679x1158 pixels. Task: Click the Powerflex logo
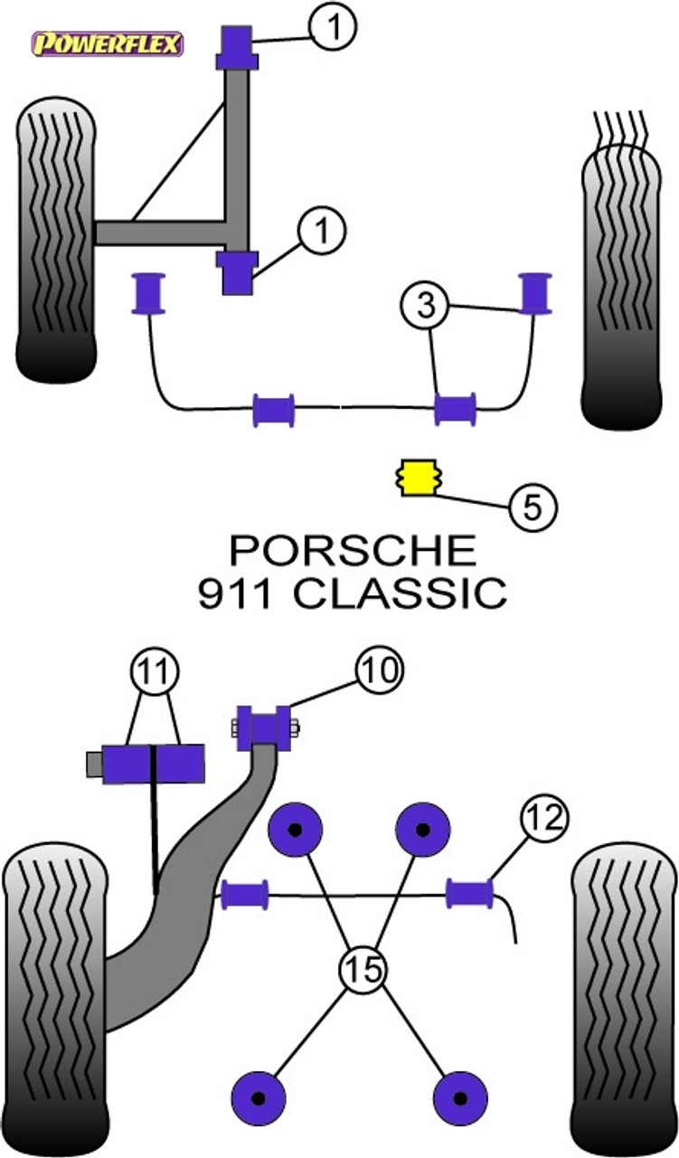108,44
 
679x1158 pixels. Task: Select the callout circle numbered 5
533,508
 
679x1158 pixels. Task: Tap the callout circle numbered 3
425,305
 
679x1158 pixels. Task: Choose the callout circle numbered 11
155,671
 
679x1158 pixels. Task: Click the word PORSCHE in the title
353,551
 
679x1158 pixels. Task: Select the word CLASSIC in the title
400,593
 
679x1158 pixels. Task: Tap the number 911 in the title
235,593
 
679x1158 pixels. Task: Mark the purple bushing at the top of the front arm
237,47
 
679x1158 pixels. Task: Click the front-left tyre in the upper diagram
56,240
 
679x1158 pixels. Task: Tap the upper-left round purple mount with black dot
296,831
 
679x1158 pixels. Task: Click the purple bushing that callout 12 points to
470,893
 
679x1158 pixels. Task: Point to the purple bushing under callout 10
264,728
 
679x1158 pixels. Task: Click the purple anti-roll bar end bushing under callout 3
536,292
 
